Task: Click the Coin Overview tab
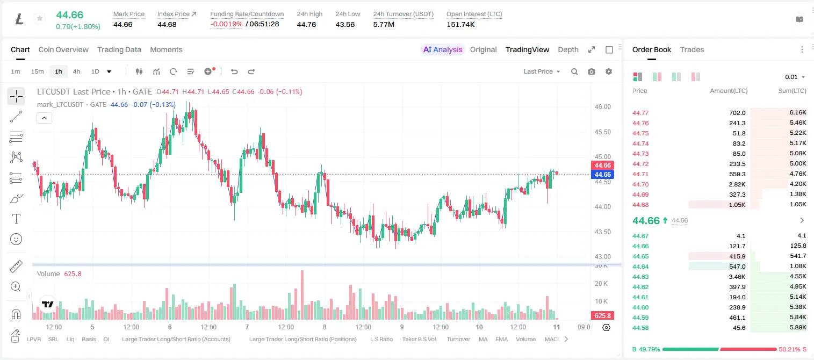(x=63, y=49)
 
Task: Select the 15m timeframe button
(x=37, y=71)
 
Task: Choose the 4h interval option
(x=76, y=71)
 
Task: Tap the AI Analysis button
(x=443, y=49)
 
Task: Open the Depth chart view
(x=568, y=49)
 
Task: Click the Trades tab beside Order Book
(x=692, y=49)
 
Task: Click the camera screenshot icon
(x=592, y=71)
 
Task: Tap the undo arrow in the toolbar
(x=234, y=71)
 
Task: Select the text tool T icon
(x=16, y=219)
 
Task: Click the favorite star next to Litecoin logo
(x=40, y=18)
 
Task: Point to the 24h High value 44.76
(x=306, y=24)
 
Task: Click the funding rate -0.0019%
(x=226, y=24)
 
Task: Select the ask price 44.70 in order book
(x=640, y=184)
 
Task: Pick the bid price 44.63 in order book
(x=640, y=277)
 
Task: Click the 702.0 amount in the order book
(x=737, y=113)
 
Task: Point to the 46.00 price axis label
(x=602, y=107)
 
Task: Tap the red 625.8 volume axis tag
(x=602, y=316)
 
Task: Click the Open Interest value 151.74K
(x=460, y=24)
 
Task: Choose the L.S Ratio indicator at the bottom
(x=381, y=339)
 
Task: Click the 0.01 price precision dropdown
(x=795, y=77)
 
